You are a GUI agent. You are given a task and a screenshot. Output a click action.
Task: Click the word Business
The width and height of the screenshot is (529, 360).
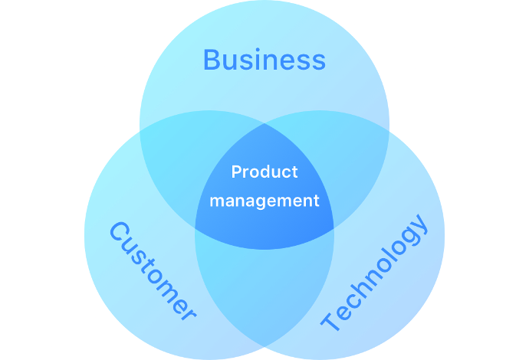click(264, 60)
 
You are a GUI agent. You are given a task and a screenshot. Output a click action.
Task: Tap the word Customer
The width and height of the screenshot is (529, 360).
click(153, 271)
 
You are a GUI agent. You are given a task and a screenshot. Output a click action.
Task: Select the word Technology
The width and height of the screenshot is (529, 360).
click(374, 273)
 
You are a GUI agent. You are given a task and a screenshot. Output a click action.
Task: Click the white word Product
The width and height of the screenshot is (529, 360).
click(264, 172)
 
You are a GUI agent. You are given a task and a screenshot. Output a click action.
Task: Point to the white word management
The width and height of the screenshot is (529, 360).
click(264, 201)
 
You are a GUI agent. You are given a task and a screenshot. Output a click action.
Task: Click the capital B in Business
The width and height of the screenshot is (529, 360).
click(212, 60)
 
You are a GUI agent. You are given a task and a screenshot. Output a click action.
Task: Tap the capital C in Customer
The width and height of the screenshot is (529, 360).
click(119, 231)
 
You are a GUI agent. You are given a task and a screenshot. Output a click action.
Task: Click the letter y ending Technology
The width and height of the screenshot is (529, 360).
click(419, 224)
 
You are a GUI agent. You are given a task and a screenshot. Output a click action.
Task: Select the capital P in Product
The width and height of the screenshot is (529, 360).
click(237, 172)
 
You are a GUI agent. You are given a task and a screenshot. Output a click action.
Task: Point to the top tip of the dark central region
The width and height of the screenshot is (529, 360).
click(264, 124)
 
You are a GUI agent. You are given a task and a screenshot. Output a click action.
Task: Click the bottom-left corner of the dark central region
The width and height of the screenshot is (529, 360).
click(195, 228)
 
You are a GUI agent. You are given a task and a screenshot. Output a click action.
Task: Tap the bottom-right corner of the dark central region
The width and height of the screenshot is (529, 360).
click(334, 228)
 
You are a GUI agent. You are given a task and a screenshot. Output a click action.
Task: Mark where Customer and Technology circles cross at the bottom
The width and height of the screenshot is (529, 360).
click(264, 346)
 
